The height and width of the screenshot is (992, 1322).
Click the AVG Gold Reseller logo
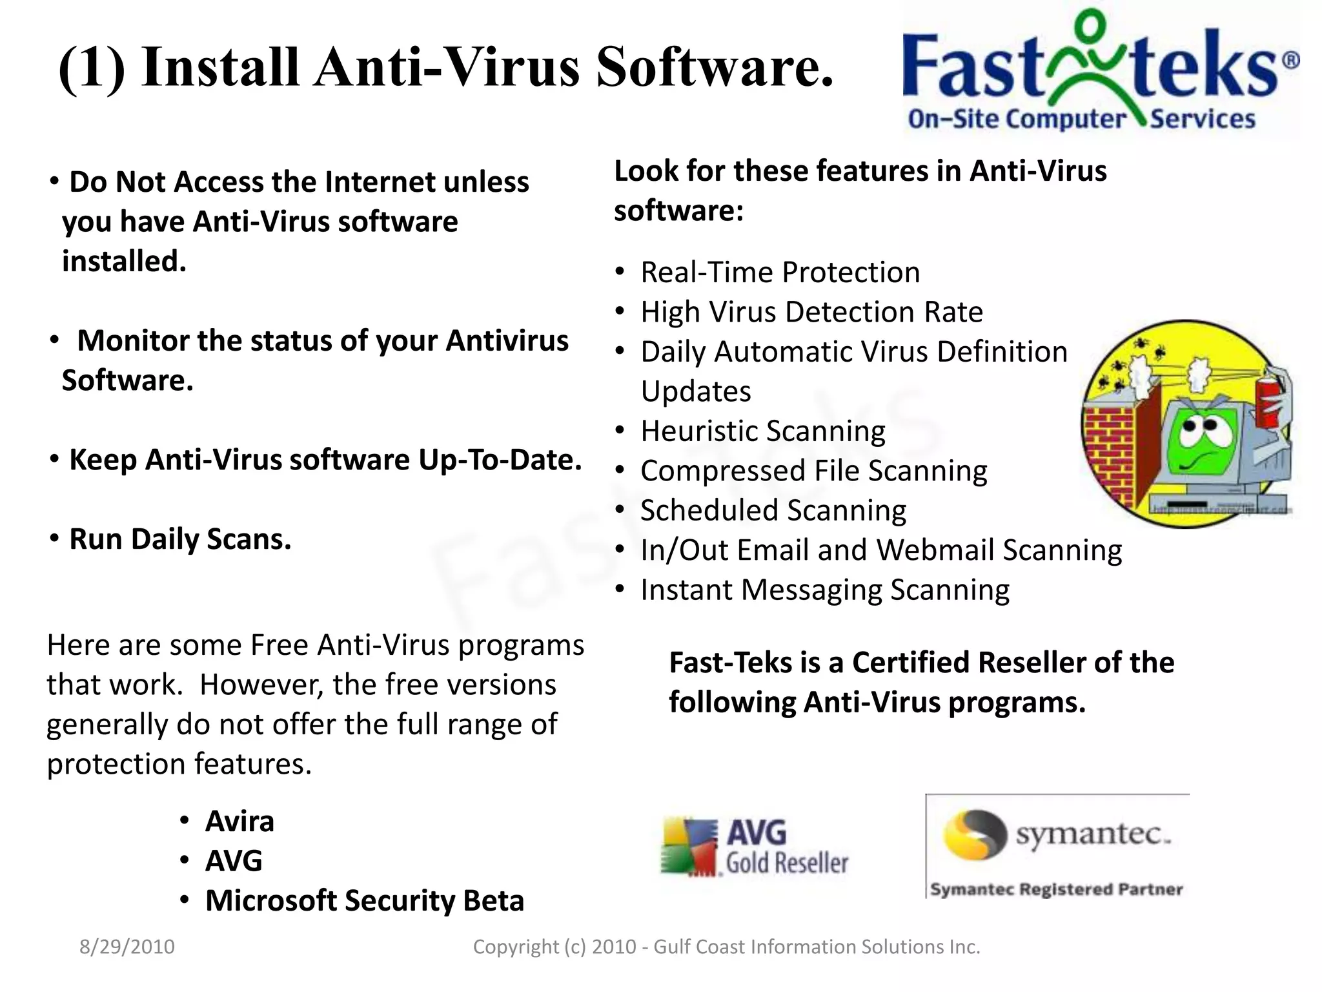[754, 847]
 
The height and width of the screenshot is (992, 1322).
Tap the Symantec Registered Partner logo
[1057, 847]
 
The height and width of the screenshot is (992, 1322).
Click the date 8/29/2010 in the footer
[127, 947]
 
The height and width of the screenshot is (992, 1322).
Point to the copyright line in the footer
[726, 947]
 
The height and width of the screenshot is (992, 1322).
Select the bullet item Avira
[239, 821]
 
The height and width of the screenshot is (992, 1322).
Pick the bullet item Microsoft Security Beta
[364, 900]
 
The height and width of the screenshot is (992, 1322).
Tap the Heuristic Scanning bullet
[762, 431]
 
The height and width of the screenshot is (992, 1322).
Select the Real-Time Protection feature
[780, 273]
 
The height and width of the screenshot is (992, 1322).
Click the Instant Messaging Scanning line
[824, 590]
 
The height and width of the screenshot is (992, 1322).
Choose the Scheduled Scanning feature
[773, 511]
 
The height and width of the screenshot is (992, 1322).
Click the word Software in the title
[715, 68]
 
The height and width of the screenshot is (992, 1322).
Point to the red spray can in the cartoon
[1269, 404]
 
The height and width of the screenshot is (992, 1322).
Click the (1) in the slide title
[92, 68]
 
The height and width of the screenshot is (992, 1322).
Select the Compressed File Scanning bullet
[813, 471]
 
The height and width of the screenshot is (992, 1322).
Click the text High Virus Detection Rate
[811, 313]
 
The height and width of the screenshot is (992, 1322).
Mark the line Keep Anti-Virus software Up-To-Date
[325, 460]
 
